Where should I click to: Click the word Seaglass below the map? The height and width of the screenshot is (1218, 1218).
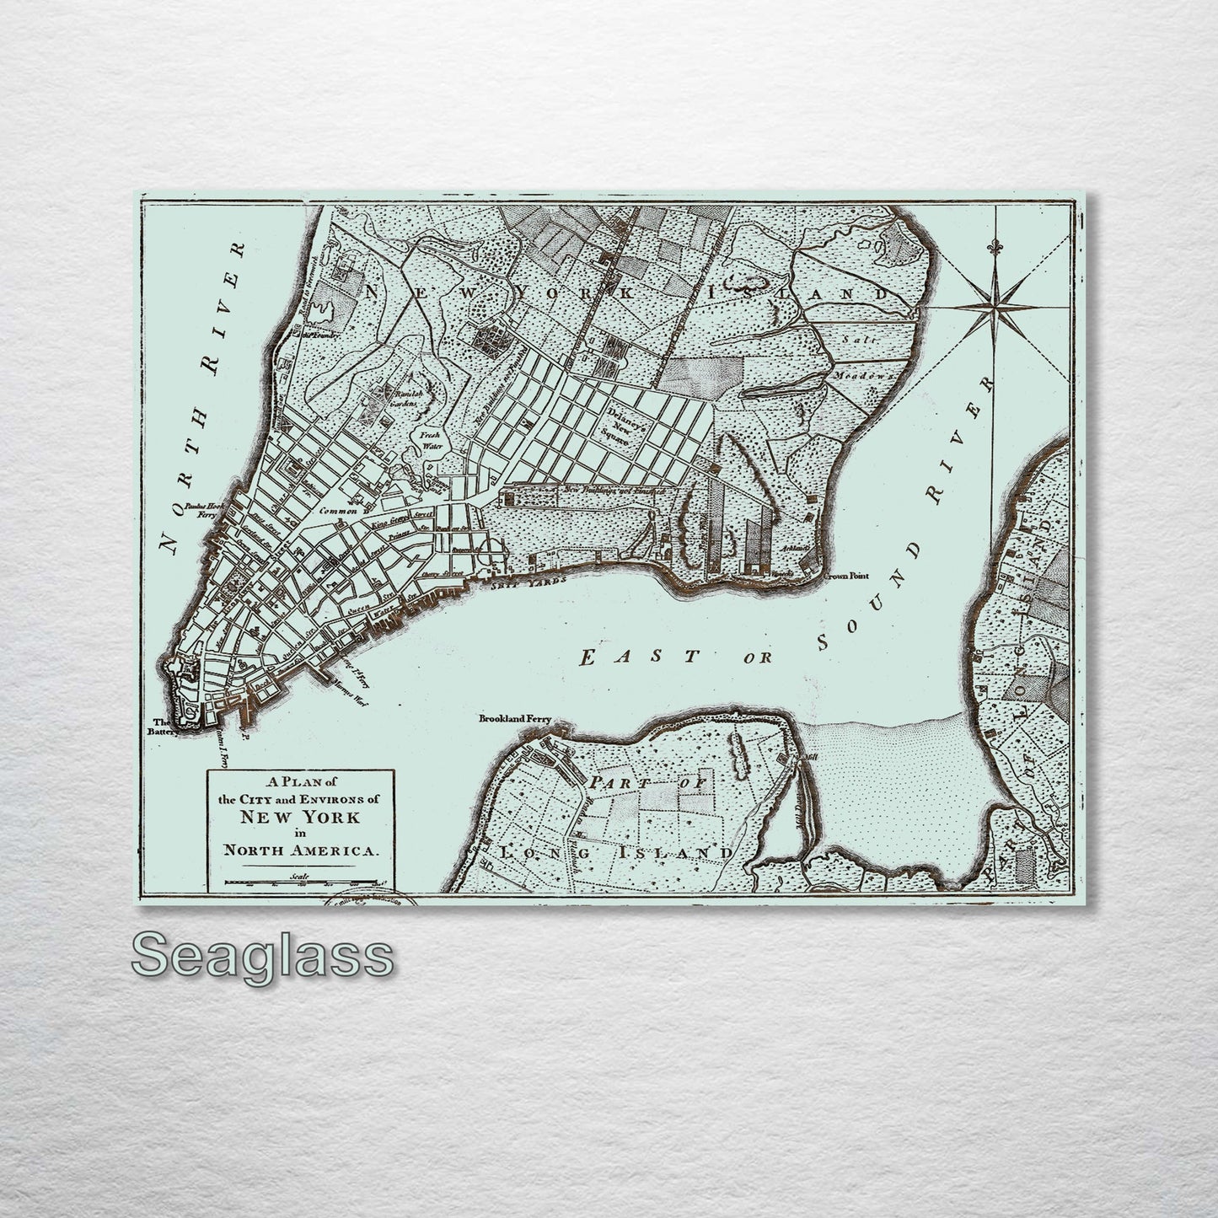pos(261,956)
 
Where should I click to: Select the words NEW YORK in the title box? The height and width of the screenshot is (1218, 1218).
pos(299,817)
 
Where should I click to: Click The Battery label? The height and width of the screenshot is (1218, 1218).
pos(162,727)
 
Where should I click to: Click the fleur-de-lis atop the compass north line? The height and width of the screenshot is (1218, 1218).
pos(996,250)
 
